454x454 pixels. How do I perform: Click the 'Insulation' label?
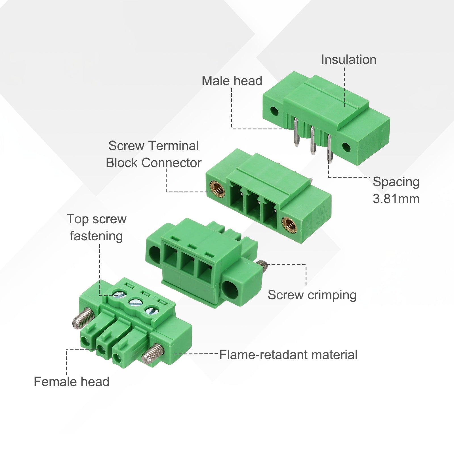coord(349,60)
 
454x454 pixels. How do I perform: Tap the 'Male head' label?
coord(232,81)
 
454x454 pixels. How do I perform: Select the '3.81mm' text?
coord(396,199)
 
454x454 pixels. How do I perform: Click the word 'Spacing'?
coord(396,182)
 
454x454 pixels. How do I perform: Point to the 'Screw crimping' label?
coord(312,295)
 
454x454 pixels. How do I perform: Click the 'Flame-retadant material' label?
coord(288,355)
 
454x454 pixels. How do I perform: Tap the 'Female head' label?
coord(72,382)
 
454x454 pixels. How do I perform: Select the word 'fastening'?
coord(96,236)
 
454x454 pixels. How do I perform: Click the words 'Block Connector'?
coord(154,163)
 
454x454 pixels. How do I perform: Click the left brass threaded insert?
coord(218,190)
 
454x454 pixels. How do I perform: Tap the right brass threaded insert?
coord(289,225)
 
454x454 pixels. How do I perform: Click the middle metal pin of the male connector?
coord(313,141)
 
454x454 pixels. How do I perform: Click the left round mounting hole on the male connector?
coord(274,111)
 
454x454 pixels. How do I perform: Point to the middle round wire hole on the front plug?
coord(102,350)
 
